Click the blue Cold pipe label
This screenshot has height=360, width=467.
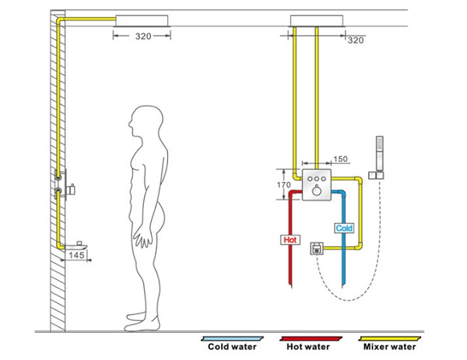(x=344, y=229)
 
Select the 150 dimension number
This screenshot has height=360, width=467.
(x=340, y=159)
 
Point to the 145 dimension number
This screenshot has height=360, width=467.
(x=76, y=254)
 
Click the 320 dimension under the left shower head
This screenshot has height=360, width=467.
(x=142, y=35)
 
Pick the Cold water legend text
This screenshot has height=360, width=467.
(x=231, y=347)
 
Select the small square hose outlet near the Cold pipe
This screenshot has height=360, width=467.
(x=317, y=249)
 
